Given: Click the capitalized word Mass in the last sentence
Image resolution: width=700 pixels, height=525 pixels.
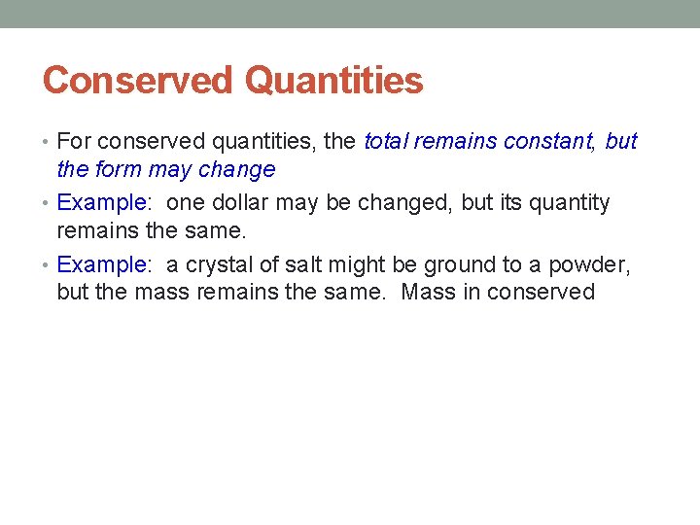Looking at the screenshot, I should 428,293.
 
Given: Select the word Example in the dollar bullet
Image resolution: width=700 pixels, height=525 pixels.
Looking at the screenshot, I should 99,203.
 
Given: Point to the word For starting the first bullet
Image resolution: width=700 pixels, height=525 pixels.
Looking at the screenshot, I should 74,142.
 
